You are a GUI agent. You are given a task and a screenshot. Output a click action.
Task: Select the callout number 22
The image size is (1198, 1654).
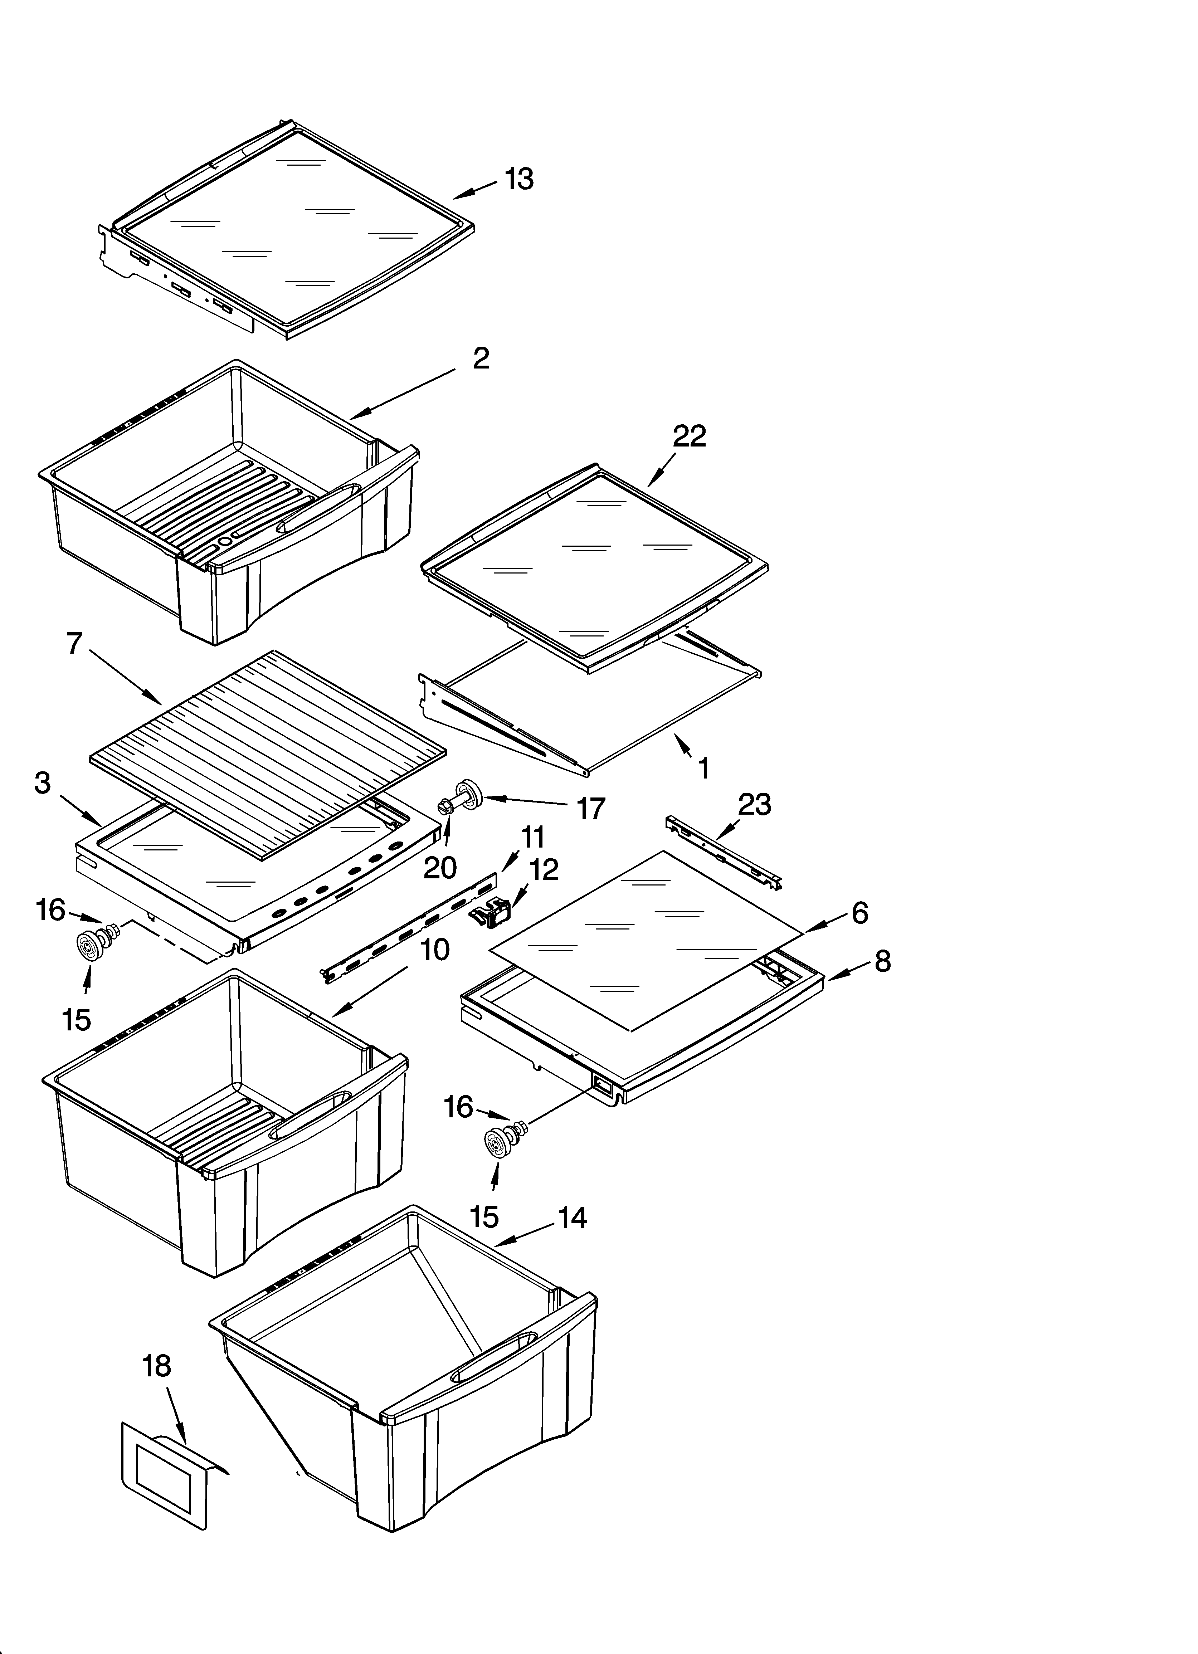[x=689, y=436]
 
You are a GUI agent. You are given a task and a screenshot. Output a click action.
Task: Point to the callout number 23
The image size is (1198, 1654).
[x=754, y=804]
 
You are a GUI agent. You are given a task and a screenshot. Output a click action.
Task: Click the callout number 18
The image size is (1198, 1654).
[x=156, y=1366]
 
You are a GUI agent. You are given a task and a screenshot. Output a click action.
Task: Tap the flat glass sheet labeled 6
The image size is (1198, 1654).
[x=646, y=941]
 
